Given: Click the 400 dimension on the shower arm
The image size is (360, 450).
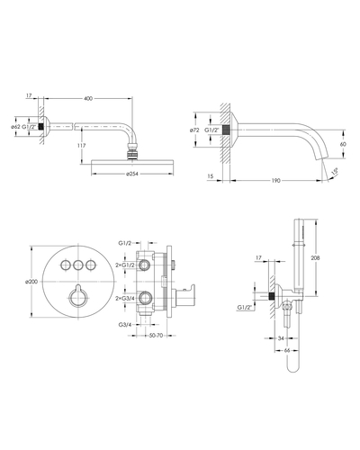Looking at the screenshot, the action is click(88, 98).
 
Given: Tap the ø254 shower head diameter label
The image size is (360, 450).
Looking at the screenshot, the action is click(132, 174).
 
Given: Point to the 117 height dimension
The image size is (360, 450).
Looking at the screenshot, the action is click(81, 146).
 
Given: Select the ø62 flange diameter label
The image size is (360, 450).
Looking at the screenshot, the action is click(15, 127).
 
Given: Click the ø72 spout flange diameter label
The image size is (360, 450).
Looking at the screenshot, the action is click(195, 130).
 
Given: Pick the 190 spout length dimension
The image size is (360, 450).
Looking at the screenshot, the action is click(276, 181).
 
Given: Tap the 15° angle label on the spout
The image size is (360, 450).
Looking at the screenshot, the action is click(335, 171).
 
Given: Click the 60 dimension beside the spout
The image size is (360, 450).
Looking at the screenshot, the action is click(343, 144).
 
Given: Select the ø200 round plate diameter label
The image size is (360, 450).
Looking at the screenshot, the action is click(31, 282).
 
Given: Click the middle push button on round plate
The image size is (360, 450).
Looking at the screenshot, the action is click(78, 265).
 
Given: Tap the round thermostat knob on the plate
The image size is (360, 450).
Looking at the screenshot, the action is click(78, 297).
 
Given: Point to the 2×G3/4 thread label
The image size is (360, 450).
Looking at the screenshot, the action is click(125, 299).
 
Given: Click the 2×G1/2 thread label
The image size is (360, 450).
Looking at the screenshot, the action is click(125, 265).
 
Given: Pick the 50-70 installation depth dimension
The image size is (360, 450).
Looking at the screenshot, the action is click(156, 336).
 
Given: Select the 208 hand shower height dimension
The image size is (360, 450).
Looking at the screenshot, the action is click(315, 257).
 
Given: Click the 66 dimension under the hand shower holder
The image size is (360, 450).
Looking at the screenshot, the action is click(287, 350).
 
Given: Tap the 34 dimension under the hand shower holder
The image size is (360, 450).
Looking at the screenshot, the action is click(281, 338).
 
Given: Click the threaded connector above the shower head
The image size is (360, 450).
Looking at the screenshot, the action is click(132, 151).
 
